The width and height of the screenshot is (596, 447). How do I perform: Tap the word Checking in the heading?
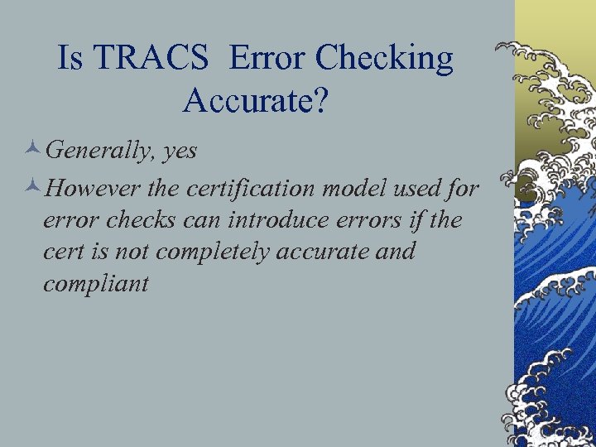click(385, 60)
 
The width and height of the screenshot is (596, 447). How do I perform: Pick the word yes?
click(180, 151)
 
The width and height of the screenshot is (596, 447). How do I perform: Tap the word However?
click(94, 189)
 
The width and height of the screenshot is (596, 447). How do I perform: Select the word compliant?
click(95, 284)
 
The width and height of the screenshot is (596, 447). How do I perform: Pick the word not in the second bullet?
click(132, 252)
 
